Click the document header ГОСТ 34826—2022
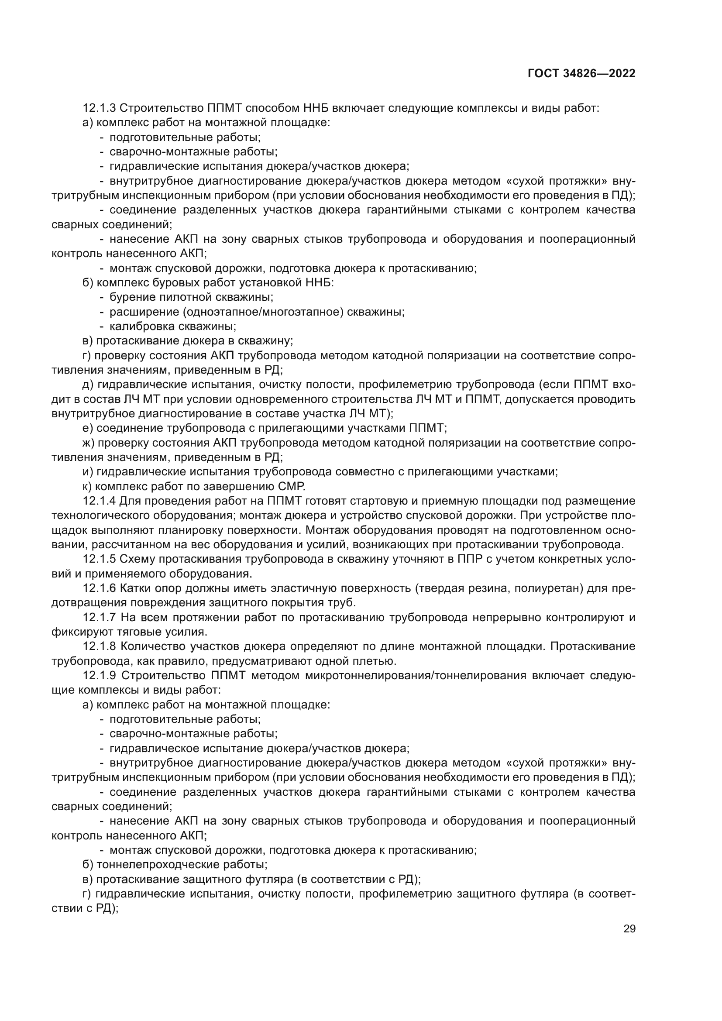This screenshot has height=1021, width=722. (581, 74)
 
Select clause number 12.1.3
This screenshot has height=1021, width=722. (99, 108)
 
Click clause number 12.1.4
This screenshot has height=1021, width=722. (99, 501)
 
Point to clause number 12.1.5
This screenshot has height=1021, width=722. (99, 560)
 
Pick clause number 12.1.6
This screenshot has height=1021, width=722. (99, 588)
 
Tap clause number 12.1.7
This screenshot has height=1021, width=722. (99, 618)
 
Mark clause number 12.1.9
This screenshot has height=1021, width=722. (99, 676)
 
